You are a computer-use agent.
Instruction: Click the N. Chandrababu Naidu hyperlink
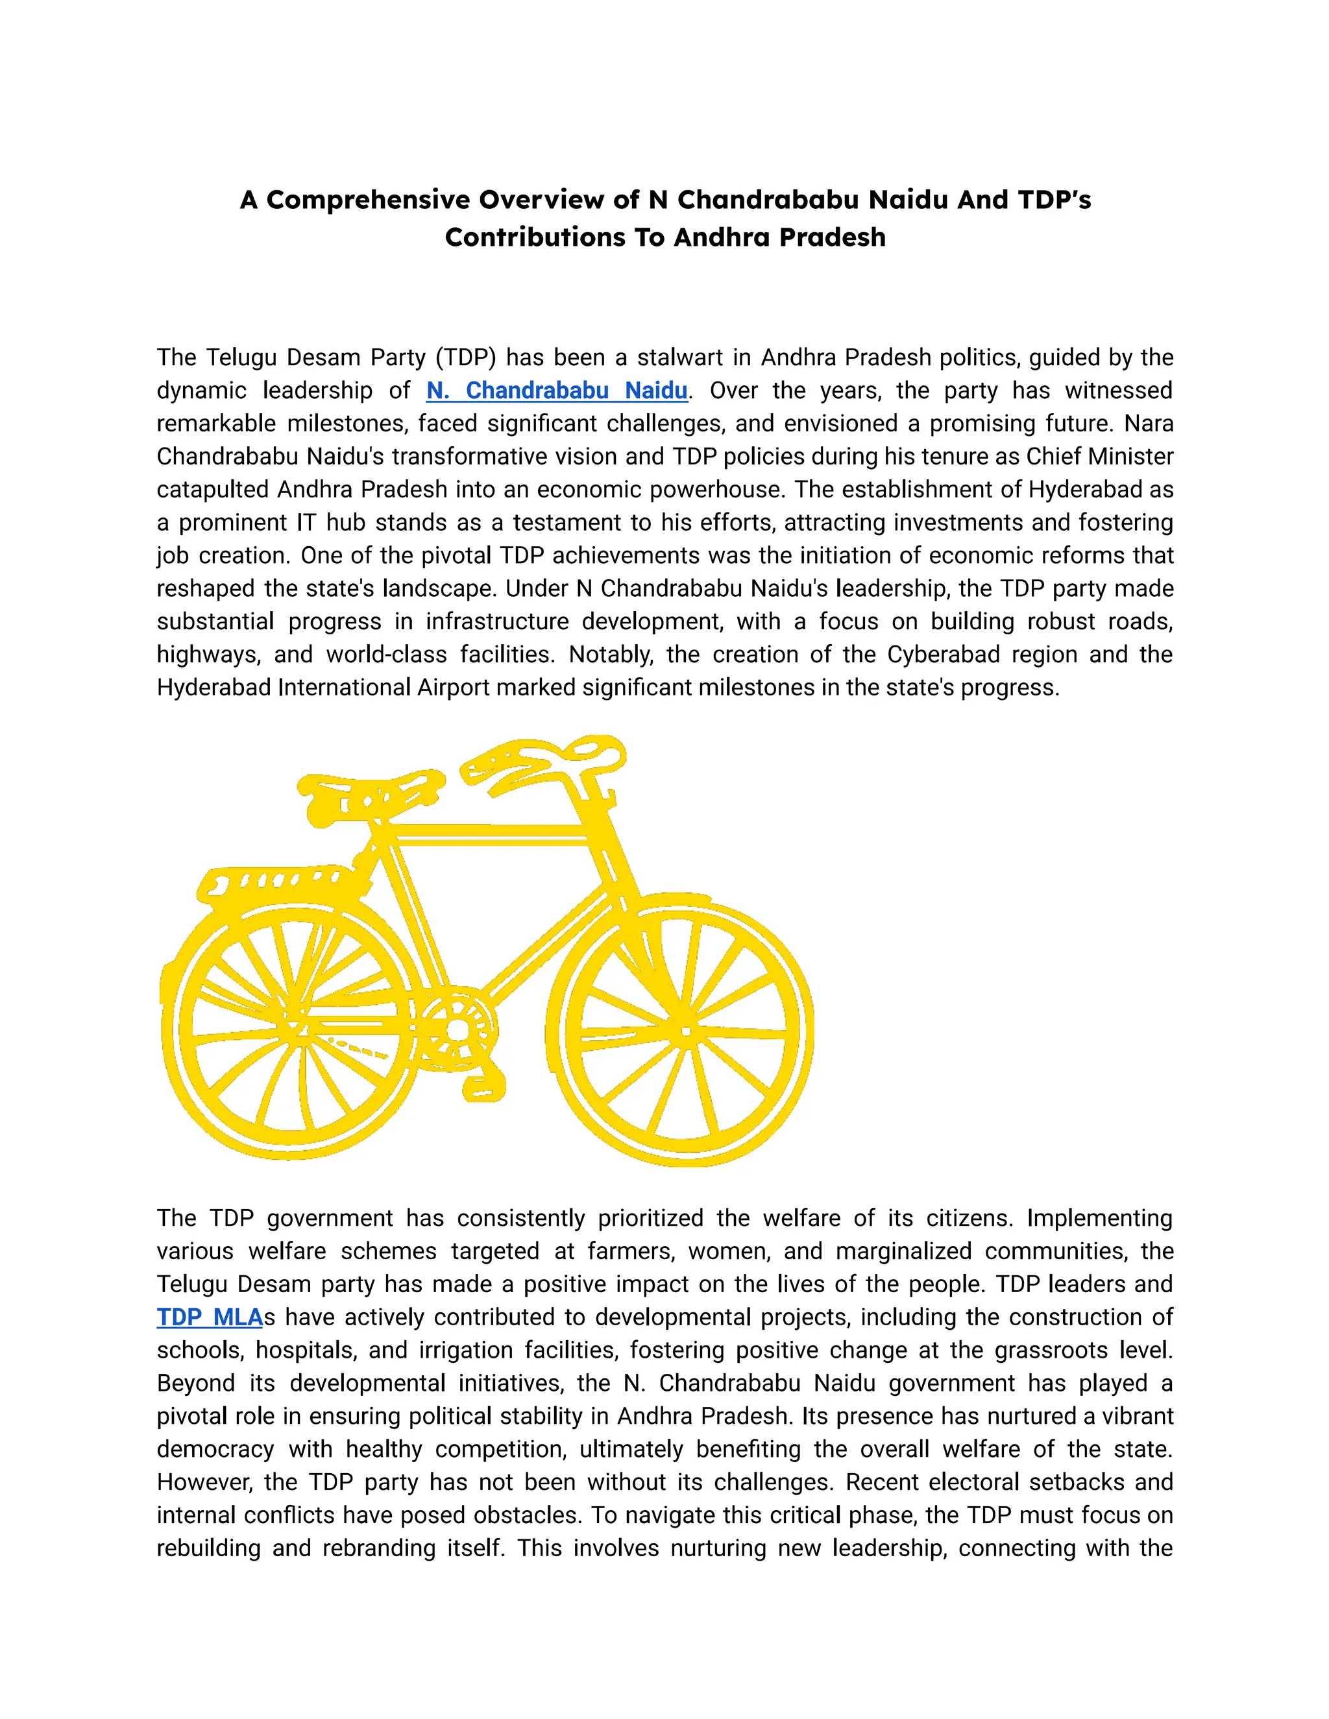pyautogui.click(x=557, y=391)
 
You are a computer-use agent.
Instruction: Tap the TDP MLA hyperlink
pyautogui.click(x=209, y=1317)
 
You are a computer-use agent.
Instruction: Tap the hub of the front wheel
pyautogui.click(x=686, y=1031)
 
